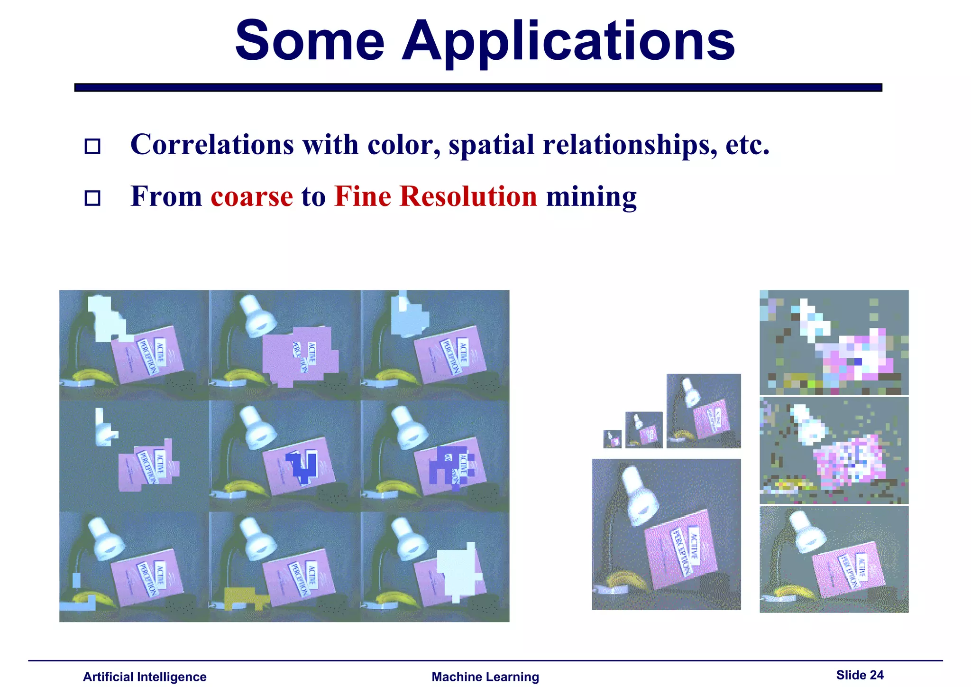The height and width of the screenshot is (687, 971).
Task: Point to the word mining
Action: (x=591, y=197)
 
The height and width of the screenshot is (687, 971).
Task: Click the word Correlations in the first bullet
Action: (x=212, y=144)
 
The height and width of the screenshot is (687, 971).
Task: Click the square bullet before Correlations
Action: (x=92, y=146)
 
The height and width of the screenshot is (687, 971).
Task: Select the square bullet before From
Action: (x=92, y=198)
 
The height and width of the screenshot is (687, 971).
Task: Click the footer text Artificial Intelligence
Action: (x=145, y=677)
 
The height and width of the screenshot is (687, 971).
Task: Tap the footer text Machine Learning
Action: (x=485, y=677)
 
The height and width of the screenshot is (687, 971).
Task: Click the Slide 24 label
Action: (x=860, y=675)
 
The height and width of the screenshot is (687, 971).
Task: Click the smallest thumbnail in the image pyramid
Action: (x=612, y=439)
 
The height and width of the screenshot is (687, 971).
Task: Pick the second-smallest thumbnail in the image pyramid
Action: (x=644, y=430)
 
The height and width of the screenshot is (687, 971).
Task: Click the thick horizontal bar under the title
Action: (x=478, y=87)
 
